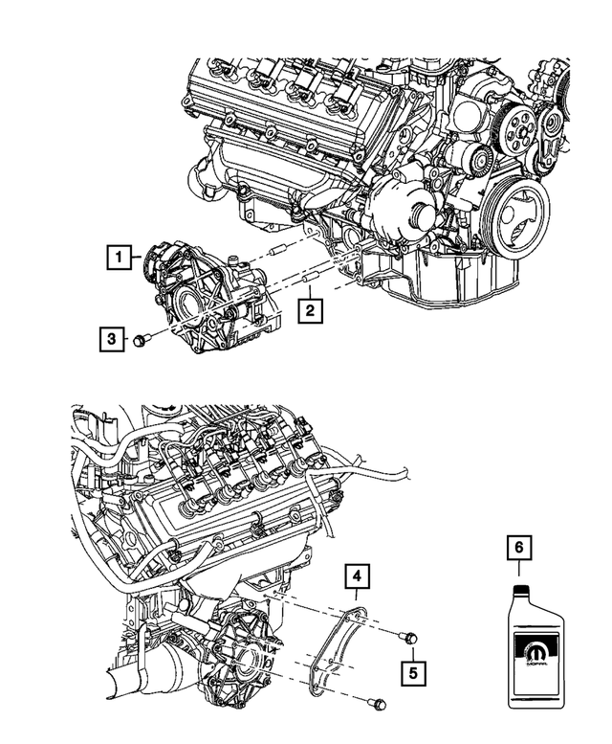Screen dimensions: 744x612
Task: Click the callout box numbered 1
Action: pyautogui.click(x=118, y=257)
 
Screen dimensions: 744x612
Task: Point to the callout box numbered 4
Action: pyautogui.click(x=356, y=576)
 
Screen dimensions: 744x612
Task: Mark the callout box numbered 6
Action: pyautogui.click(x=518, y=548)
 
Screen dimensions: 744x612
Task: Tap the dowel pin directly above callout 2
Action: pyautogui.click(x=309, y=282)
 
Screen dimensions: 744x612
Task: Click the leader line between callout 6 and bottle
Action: pyautogui.click(x=518, y=572)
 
